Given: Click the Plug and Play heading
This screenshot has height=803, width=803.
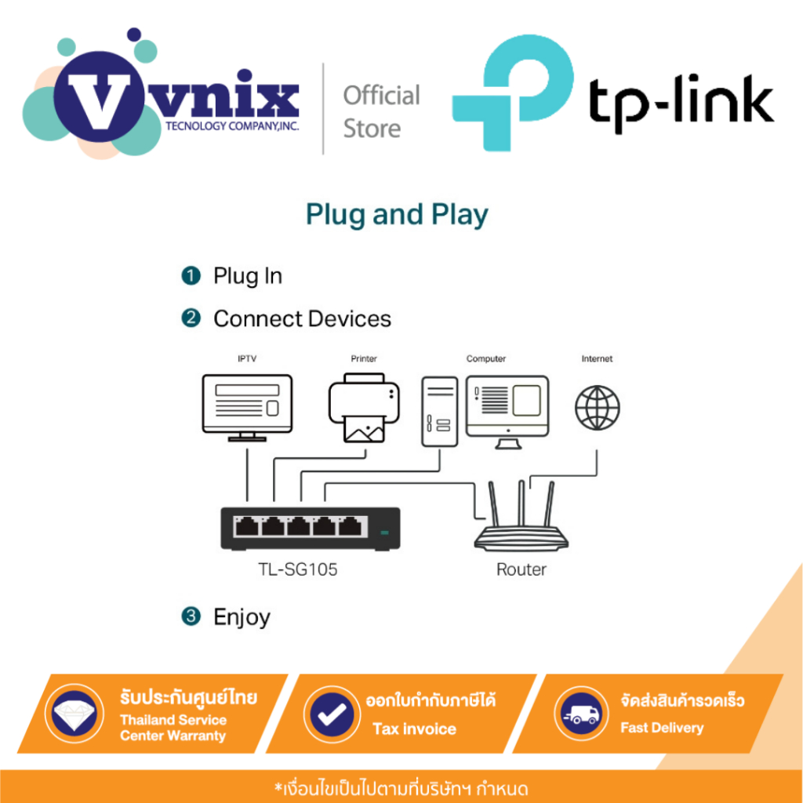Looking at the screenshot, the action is pos(397,215).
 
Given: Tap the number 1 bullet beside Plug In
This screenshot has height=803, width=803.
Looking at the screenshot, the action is pos(191,275).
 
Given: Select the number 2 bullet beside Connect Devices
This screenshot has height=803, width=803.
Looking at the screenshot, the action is pos(191,318).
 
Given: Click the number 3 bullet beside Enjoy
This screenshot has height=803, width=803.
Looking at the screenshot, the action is pos(191,616).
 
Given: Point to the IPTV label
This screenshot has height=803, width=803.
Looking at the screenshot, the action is pos(247,358).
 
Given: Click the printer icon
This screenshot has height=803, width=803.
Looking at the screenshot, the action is pos(364,408).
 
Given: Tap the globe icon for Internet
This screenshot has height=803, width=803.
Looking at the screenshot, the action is pos(597,408).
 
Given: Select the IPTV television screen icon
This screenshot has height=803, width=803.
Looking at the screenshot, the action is pos(247,408).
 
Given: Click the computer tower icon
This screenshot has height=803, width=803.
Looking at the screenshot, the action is pos(439,412).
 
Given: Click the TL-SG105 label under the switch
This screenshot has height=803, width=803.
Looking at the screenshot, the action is pos(297,569).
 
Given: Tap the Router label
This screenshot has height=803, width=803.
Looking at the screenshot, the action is pos(521,569).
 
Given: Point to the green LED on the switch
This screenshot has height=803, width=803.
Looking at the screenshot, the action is pos(384,533).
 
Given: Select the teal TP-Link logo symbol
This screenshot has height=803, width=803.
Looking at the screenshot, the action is pos(513,93).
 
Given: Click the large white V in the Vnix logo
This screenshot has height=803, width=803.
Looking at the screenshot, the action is pos(100,101).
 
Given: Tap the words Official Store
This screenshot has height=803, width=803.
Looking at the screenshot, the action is pos(382,111).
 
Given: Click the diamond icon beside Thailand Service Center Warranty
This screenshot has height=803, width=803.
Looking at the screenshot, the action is pos(74,714).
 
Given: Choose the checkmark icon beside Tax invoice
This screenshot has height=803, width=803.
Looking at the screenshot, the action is pos(332,714).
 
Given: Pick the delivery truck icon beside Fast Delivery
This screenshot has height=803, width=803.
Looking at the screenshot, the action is pos(581,714).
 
